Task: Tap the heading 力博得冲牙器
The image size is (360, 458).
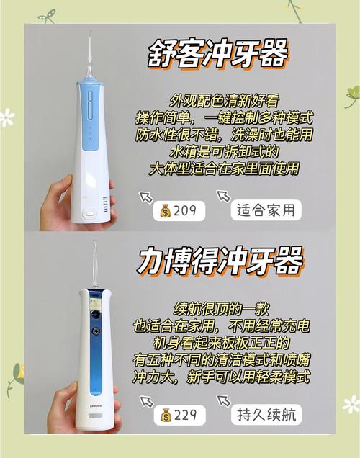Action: tap(220, 261)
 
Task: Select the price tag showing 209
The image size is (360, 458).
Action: tap(179, 210)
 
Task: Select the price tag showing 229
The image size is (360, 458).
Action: tap(179, 415)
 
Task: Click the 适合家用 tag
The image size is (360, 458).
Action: tap(266, 210)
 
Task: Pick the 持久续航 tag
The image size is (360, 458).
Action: tap(266, 415)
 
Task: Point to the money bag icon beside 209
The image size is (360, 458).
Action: tap(166, 210)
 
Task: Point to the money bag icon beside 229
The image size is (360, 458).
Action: tap(166, 415)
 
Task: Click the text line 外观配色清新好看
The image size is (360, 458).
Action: tap(224, 101)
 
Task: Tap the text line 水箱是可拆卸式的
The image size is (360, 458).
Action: tap(224, 152)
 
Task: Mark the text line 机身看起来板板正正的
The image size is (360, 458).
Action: tap(221, 343)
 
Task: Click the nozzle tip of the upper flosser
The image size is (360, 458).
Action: tap(90, 31)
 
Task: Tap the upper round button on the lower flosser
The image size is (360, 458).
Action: tap(95, 314)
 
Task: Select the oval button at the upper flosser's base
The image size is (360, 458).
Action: tap(89, 214)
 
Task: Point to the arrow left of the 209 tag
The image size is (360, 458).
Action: tap(145, 197)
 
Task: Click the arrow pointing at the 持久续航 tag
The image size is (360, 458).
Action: tap(223, 400)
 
